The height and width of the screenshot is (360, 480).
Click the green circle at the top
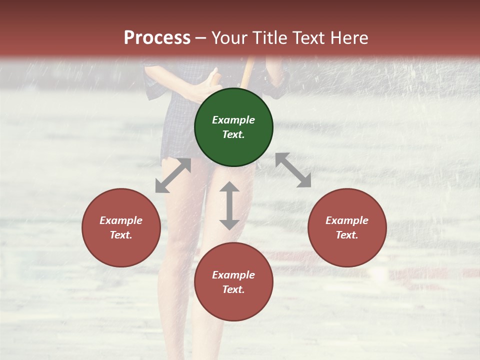click(x=233, y=127)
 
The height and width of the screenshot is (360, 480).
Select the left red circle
click(x=121, y=227)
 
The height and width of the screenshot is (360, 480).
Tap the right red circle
click(x=347, y=227)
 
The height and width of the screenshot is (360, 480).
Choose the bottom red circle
click(x=233, y=282)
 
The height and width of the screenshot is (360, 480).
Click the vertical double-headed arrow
click(x=229, y=205)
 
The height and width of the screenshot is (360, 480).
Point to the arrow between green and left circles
click(x=173, y=175)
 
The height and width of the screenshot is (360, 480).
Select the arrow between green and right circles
click(x=293, y=170)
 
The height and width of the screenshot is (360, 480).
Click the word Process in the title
click(x=157, y=37)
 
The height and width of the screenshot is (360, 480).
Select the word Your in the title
click(x=227, y=37)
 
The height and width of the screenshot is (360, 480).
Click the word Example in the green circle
click(x=233, y=120)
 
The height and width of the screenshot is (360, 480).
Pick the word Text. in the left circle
click(x=121, y=235)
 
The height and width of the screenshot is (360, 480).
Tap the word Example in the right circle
click(x=347, y=220)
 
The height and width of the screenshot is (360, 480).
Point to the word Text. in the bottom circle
click(x=233, y=289)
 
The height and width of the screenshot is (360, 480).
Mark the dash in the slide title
click(x=201, y=38)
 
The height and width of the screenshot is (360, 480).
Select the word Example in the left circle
click(x=121, y=220)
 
